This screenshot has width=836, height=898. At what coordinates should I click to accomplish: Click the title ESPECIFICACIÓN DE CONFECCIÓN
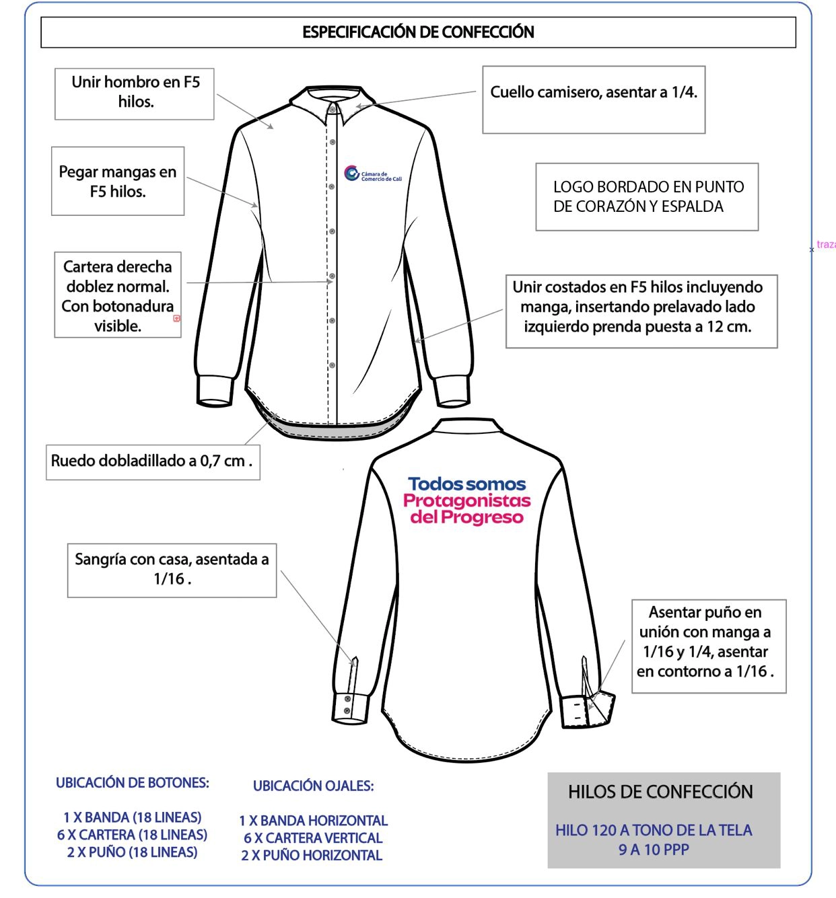tap(418, 32)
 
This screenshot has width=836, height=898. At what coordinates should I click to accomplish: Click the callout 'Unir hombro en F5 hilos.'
tap(135, 92)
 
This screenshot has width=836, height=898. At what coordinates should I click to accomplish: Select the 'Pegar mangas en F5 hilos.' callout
tap(118, 182)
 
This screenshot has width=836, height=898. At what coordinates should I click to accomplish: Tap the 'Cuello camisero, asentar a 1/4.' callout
tap(593, 93)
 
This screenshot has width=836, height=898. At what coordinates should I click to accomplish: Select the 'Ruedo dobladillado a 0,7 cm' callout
tap(152, 461)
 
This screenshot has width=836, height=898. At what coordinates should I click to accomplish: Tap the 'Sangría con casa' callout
tap(172, 569)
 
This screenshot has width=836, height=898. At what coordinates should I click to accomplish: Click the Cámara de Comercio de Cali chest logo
tap(372, 174)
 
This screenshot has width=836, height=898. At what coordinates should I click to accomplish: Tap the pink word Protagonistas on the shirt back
tap(467, 500)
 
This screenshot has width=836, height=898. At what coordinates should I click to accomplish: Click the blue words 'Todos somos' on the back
tap(467, 484)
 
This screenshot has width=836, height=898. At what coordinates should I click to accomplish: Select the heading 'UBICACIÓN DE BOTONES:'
tap(133, 783)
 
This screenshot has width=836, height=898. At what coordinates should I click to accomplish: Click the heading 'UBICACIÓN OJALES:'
tap(314, 786)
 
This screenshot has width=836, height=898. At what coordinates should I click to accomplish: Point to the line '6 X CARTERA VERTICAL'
tap(313, 838)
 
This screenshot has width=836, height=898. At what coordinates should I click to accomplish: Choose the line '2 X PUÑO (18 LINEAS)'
tap(133, 852)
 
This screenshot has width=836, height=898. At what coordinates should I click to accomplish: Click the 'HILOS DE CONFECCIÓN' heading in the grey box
tap(660, 792)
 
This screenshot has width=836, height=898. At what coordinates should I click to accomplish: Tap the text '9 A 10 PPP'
tap(654, 850)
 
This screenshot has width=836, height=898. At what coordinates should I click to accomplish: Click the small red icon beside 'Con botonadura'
tap(177, 318)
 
